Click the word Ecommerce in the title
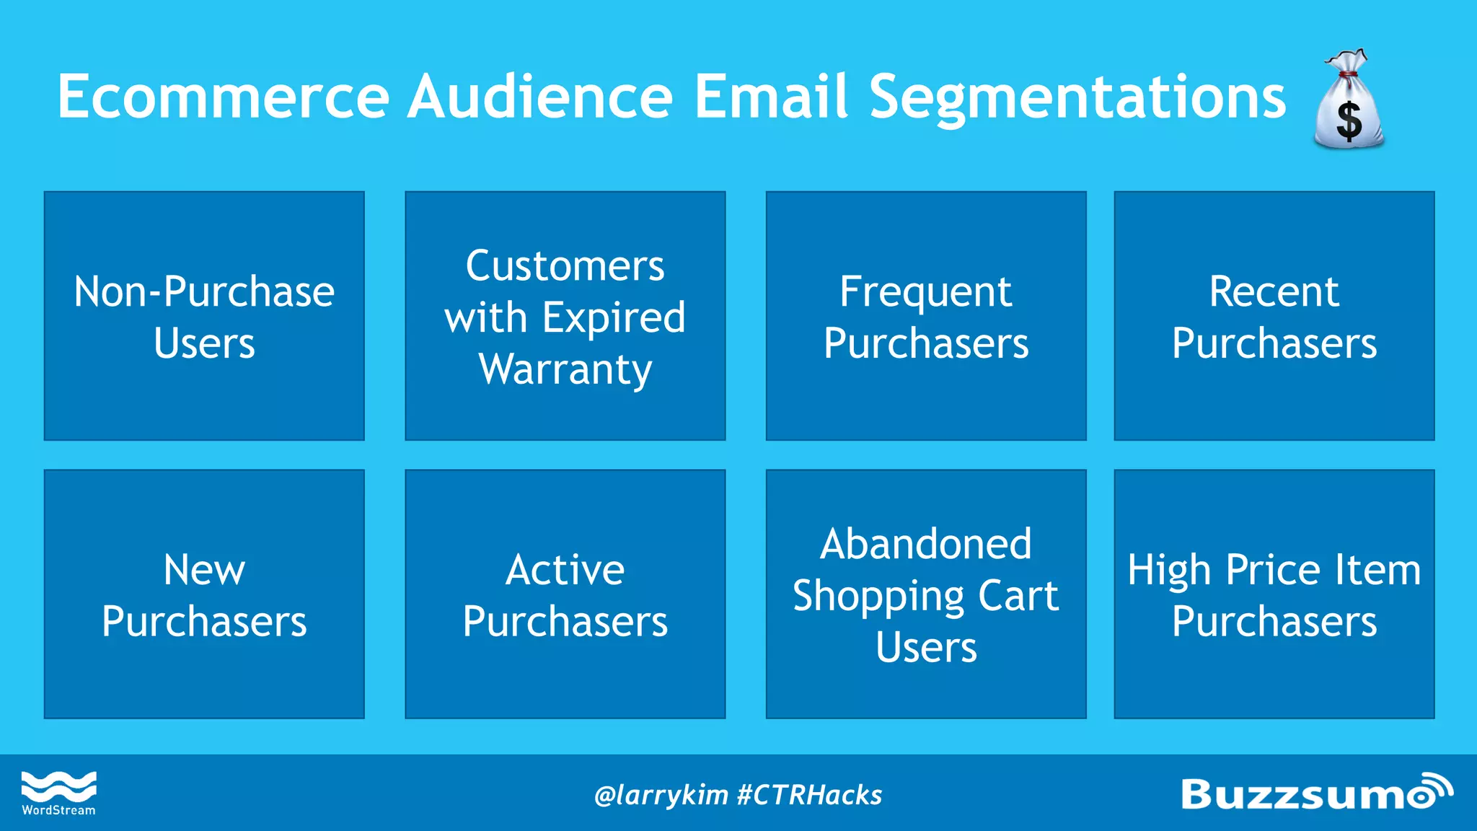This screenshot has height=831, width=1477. pos(224,97)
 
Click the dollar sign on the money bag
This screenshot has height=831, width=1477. pos(1349,120)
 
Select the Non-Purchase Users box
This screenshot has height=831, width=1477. pos(204,316)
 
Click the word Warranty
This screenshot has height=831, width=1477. pos(565,369)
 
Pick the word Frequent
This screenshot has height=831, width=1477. pos(925,292)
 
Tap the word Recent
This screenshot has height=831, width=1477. pos(1274,291)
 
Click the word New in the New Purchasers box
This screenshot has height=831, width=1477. pos(204,570)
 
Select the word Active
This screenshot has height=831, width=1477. pos(565,570)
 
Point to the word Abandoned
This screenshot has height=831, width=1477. pos(925,544)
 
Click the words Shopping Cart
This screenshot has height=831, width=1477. pos(925,597)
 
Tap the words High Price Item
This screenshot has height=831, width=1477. pos(1274,570)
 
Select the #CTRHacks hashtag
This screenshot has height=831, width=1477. pos(809,795)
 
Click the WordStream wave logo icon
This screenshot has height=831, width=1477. pos(58,786)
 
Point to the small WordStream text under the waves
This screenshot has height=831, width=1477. pos(58,811)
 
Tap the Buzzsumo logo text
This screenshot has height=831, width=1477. pos(1298,795)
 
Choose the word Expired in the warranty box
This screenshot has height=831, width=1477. pos(614,317)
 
